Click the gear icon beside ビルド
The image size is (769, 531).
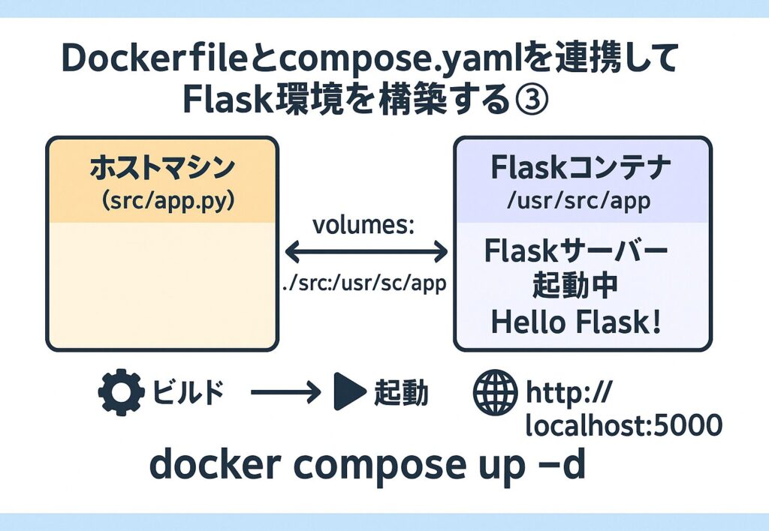point(120,393)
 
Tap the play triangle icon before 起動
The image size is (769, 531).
point(347,393)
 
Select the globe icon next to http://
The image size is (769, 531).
point(495,393)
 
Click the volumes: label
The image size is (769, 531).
point(363,226)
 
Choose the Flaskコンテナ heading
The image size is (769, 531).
point(582,169)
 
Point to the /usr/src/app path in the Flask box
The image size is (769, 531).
point(582,200)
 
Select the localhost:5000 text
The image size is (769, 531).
point(624,425)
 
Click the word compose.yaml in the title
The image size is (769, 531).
point(368,58)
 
